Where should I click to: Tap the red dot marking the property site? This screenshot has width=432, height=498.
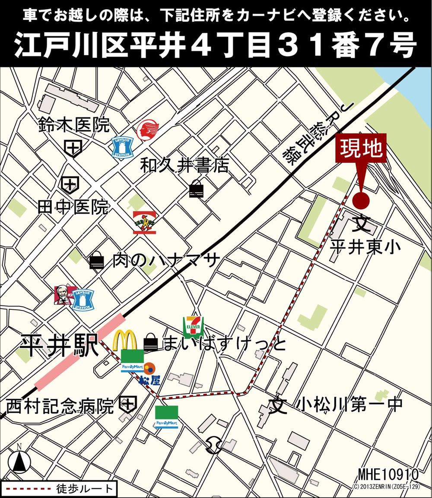(x=361, y=200)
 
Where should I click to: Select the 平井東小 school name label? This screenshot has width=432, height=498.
(x=365, y=247)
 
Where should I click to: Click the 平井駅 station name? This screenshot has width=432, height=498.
(x=60, y=347)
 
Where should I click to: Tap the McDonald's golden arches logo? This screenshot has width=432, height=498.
(x=125, y=341)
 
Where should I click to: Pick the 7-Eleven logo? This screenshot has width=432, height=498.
(x=193, y=328)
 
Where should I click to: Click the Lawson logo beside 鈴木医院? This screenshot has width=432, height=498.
(x=122, y=147)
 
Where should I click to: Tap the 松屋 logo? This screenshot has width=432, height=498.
(x=148, y=374)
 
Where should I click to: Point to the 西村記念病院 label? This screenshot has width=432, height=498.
(x=60, y=406)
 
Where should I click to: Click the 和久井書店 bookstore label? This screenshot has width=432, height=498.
(x=184, y=165)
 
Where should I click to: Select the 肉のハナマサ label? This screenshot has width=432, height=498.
(x=166, y=261)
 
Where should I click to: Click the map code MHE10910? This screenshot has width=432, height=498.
(x=388, y=474)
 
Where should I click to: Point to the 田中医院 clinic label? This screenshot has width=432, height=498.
(x=73, y=208)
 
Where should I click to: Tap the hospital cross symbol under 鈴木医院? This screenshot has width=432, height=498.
(x=74, y=148)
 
